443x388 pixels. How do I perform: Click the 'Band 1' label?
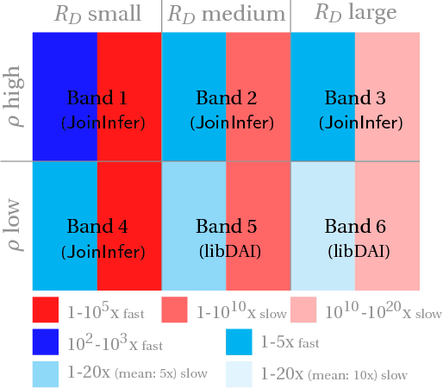pos(97,97)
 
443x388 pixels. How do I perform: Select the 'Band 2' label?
pos(226,97)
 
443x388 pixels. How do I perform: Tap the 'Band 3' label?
pos(355,97)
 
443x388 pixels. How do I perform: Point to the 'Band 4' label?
pos(97,227)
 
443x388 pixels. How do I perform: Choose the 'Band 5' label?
pos(226,227)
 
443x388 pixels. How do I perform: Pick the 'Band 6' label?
pos(355,227)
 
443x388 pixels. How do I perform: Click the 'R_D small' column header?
pos(97,14)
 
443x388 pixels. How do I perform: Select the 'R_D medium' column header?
pos(226,14)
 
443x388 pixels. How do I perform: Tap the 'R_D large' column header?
pos(355,14)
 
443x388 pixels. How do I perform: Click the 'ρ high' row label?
pos(15,97)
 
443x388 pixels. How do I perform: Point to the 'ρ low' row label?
pos(15,227)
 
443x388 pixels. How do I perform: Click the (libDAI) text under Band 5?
pos(228,253)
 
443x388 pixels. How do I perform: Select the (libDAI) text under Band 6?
pos(357,253)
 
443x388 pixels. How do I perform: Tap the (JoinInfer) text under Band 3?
pos(360,123)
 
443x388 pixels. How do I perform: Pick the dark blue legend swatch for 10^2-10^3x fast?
pos(46,342)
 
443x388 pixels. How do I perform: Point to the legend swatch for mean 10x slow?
pos(239,374)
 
